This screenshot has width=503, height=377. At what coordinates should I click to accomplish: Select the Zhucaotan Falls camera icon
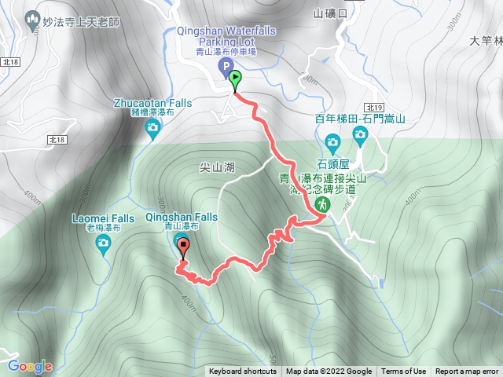tap(152, 128)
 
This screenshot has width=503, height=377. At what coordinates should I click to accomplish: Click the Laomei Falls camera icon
tap(103, 244)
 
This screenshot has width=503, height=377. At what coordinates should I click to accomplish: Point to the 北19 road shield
tap(373, 107)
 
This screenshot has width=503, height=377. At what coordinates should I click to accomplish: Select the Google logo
tap(30, 366)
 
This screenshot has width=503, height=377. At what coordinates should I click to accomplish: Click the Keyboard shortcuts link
tap(243, 372)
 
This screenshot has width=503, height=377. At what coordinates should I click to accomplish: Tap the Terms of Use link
tap(404, 372)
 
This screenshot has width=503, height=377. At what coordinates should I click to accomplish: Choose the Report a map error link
tap(468, 372)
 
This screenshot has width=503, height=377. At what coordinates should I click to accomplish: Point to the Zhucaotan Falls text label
tap(152, 102)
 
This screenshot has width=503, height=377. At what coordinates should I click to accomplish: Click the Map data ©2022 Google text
tap(329, 372)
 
